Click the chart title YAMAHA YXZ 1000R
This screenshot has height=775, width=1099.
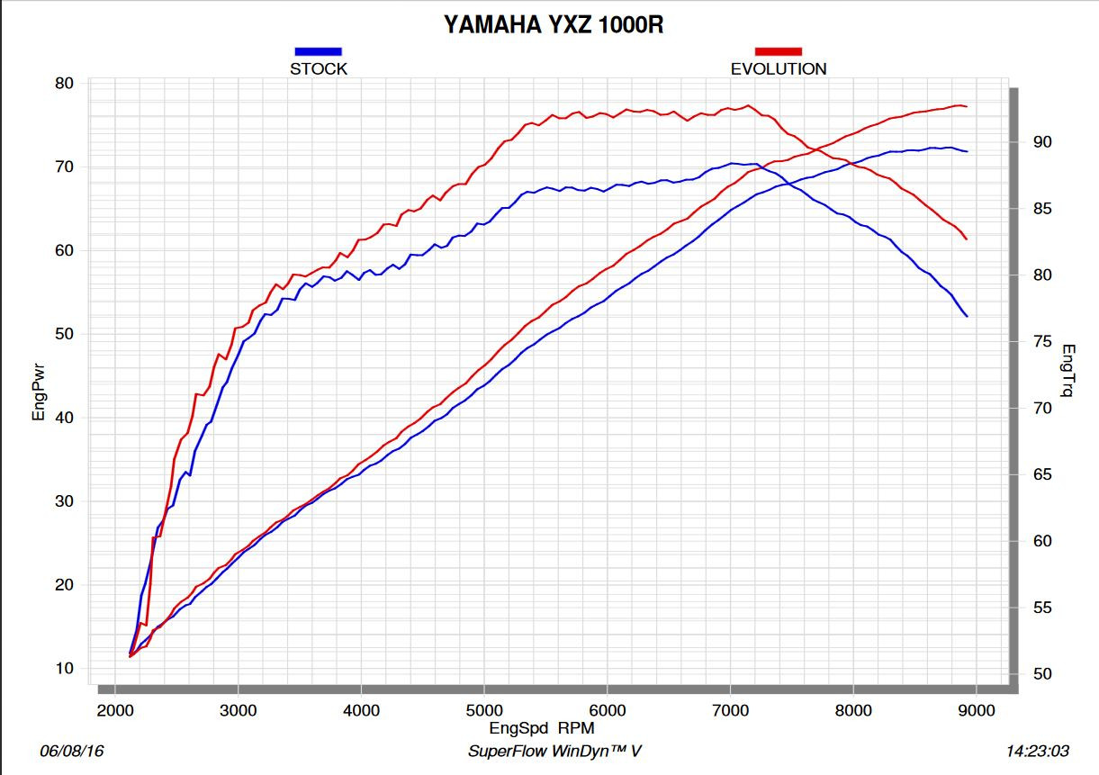click(x=554, y=25)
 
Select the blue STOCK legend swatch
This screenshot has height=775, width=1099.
click(x=318, y=51)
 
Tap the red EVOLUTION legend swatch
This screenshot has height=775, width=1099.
click(x=778, y=51)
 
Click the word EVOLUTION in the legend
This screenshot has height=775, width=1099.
click(x=778, y=68)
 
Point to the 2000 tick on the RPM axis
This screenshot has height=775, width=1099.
click(x=115, y=710)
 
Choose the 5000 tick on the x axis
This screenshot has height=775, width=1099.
click(x=484, y=710)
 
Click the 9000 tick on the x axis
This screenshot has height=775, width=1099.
click(x=977, y=710)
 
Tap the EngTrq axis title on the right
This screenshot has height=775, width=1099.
click(x=1068, y=370)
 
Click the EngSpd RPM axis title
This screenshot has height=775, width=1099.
click(x=542, y=727)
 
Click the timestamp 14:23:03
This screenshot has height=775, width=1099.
click(x=1037, y=751)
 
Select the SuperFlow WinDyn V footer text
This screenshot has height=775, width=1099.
click(x=554, y=751)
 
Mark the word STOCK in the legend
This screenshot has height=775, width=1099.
click(x=318, y=68)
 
